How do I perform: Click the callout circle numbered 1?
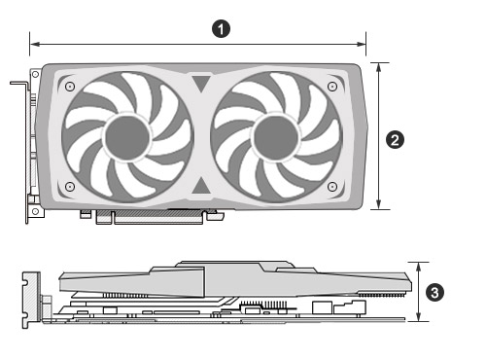(x=221, y=29)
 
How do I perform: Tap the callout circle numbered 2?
(x=395, y=140)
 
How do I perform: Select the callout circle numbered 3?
(x=434, y=293)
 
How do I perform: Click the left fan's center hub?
(x=127, y=138)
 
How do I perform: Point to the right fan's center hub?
(x=276, y=138)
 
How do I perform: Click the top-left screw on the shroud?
(x=70, y=87)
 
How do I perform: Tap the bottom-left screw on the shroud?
(x=70, y=187)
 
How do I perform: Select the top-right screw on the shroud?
(x=332, y=87)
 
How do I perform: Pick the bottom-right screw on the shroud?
(x=332, y=187)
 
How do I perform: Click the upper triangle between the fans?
(x=201, y=83)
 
